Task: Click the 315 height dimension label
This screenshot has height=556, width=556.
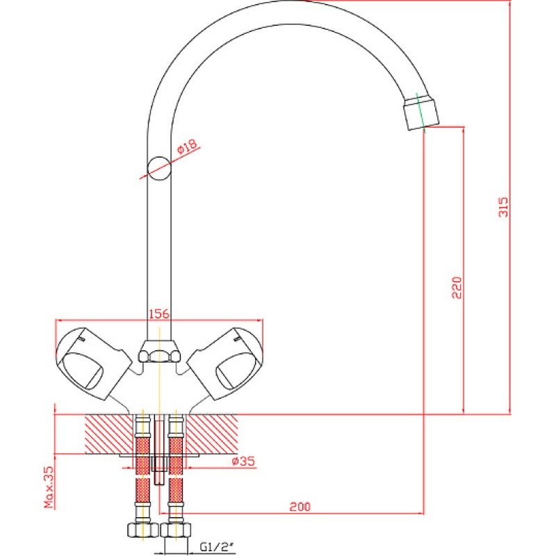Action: (x=503, y=207)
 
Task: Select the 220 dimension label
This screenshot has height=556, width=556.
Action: (x=457, y=288)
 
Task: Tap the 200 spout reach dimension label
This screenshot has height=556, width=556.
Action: (x=300, y=507)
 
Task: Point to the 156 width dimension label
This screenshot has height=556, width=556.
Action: (x=159, y=314)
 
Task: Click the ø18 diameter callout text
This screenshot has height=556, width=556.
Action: (x=187, y=146)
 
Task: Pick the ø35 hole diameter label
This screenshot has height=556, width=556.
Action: (x=243, y=461)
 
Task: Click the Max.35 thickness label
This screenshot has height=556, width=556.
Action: (x=49, y=487)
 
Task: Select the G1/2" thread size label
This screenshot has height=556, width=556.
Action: (x=217, y=547)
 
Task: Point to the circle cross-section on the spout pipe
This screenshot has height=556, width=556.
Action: (x=159, y=168)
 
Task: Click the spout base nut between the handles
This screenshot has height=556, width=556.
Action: (x=159, y=352)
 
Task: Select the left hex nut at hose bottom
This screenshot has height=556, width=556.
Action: (x=142, y=529)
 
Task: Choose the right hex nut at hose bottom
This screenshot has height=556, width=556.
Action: (x=176, y=529)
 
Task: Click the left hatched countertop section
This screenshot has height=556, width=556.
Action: (x=109, y=434)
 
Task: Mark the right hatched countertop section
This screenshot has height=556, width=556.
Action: (x=212, y=434)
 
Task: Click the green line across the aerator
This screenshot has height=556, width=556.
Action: (x=420, y=113)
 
